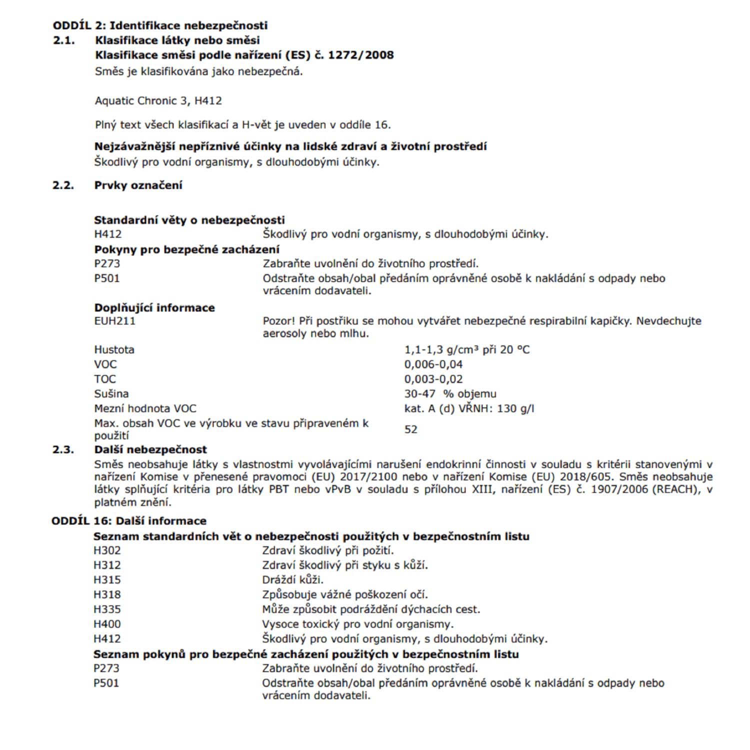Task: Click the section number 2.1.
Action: [63, 40]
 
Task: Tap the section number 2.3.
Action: [63, 449]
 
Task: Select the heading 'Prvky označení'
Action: [138, 185]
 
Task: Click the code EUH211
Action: [114, 321]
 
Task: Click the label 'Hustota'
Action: [114, 350]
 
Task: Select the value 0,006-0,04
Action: [433, 364]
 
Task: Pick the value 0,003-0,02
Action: [433, 379]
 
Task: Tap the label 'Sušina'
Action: [111, 394]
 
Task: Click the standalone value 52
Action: [410, 429]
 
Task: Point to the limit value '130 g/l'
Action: [515, 408]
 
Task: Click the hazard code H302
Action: [107, 551]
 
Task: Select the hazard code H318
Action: [107, 595]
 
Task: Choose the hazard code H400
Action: [107, 624]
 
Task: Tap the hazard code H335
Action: [107, 609]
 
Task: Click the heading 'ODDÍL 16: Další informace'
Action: [129, 521]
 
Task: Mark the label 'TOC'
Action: [104, 379]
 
